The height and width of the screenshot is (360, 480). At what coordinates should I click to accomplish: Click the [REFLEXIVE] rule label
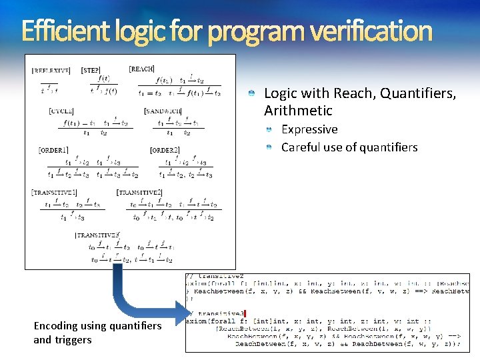51,70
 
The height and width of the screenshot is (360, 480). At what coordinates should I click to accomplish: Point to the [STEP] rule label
91,70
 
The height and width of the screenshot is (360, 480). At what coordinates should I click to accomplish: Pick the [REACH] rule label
141,69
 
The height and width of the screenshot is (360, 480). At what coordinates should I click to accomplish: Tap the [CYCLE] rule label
61,111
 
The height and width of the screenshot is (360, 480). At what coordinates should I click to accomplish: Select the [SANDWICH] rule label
163,111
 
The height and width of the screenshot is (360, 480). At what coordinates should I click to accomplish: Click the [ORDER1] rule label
53,151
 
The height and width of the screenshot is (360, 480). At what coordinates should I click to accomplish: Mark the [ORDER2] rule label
165,151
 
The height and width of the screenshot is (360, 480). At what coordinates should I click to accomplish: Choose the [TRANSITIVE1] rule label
54,193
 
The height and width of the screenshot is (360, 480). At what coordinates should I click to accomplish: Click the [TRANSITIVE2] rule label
139,193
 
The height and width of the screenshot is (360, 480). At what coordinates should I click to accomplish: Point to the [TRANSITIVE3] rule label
97,235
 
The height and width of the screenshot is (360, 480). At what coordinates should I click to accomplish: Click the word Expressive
309,129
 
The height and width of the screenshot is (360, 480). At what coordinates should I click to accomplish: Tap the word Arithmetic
297,111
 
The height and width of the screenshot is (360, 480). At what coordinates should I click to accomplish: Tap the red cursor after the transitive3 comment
245,313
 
